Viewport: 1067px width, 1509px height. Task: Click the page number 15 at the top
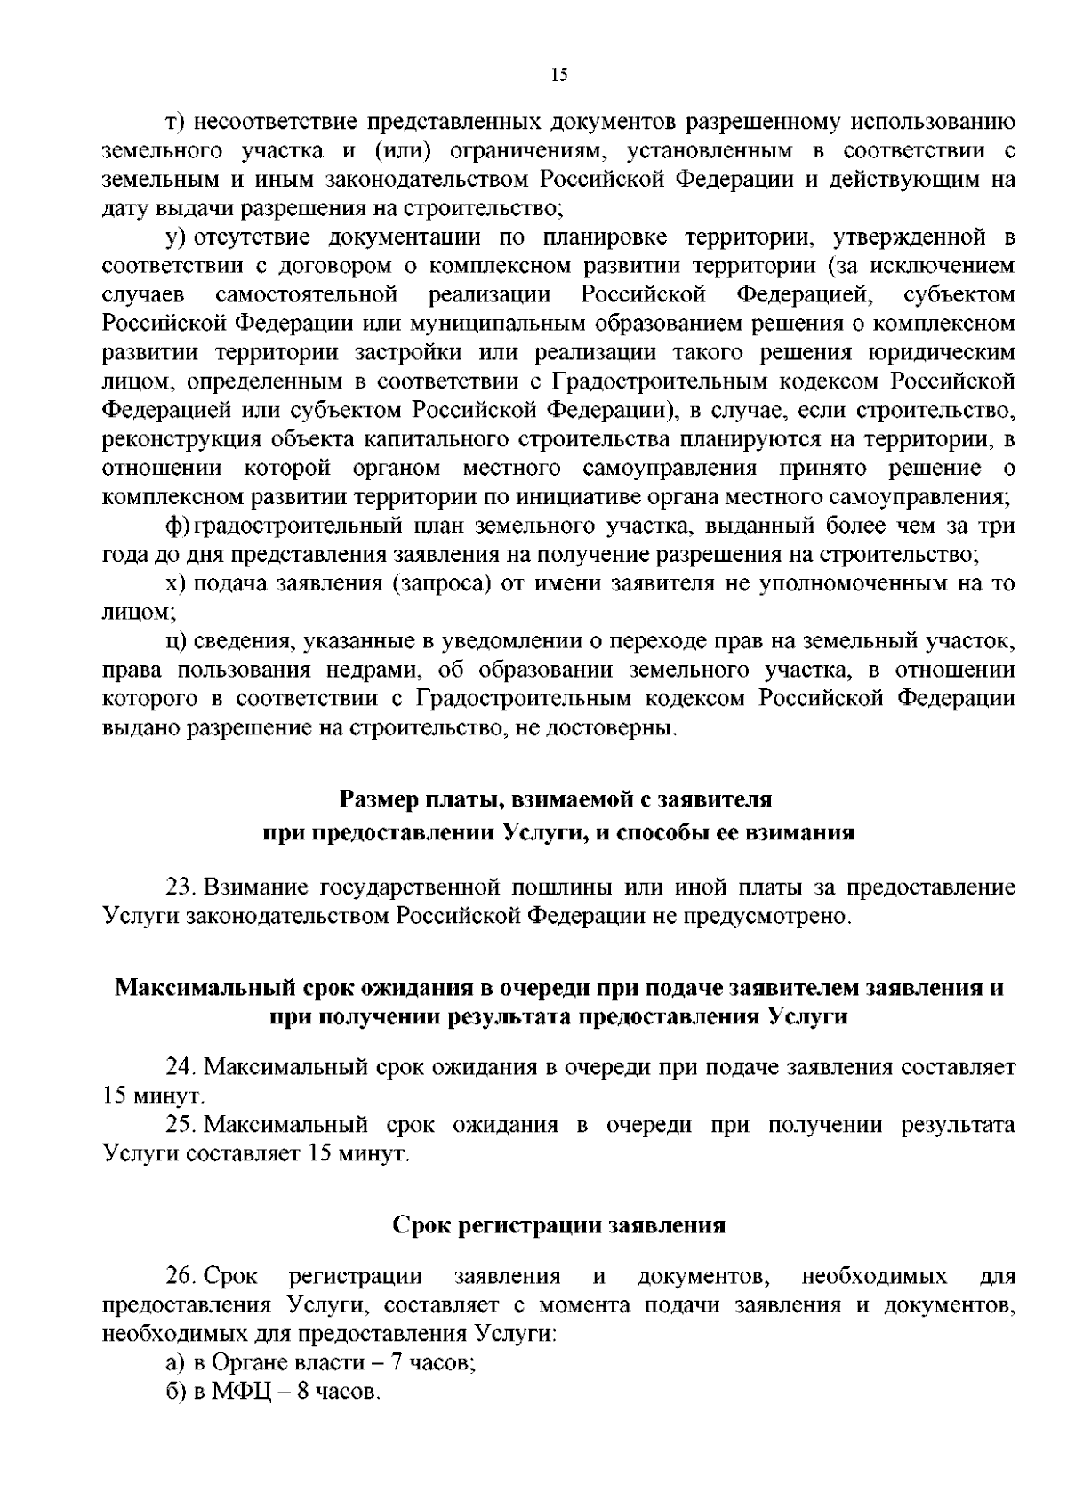point(558,76)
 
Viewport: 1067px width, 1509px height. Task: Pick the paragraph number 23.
point(181,887)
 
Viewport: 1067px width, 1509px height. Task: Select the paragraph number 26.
point(181,1277)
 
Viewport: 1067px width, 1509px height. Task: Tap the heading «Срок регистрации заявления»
point(559,1225)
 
